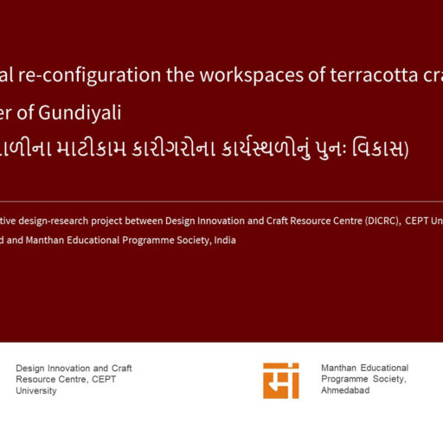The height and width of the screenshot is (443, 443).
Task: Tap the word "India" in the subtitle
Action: pyautogui.click(x=222, y=240)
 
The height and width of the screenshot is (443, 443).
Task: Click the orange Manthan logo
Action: pyautogui.click(x=281, y=380)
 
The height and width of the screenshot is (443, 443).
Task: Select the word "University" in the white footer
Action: pyautogui.click(x=36, y=390)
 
